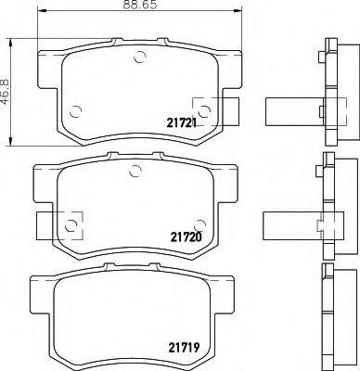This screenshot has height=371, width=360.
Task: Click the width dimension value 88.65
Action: tap(140, 5)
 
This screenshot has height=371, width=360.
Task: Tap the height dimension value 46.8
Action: tap(6, 91)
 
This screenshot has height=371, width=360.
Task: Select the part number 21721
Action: tap(182, 123)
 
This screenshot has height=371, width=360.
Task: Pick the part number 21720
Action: tap(186, 237)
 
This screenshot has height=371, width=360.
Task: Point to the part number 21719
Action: tap(184, 348)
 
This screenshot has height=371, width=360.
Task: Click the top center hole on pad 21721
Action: tap(140, 57)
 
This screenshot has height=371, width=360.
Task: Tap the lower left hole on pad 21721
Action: tap(75, 111)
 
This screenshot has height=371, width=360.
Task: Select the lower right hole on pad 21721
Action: tap(204, 111)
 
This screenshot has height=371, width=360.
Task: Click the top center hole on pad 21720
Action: tap(135, 171)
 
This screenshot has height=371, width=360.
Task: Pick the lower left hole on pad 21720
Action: tap(71, 225)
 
